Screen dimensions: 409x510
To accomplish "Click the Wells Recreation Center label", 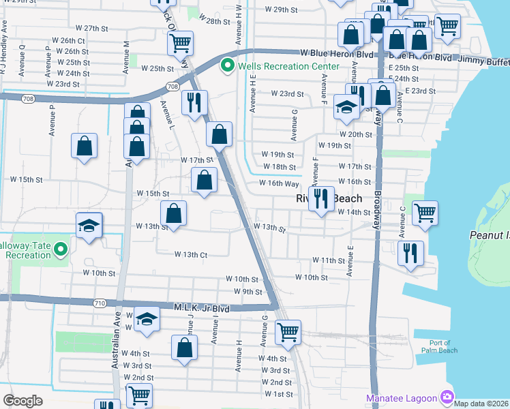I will coord(288,66).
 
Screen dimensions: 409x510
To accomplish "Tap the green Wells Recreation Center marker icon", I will coord(226,66).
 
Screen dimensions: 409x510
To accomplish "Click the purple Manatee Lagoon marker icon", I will coord(447,396).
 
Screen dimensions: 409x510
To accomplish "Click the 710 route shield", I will coord(99,302).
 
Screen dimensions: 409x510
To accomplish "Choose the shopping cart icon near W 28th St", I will coord(180,43).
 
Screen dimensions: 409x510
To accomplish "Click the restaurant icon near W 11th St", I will coord(410,252).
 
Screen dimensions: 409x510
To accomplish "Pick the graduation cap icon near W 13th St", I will coord(89,225).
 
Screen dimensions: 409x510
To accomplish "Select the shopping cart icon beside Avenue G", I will coord(288,332).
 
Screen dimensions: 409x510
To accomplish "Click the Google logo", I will coord(22,400).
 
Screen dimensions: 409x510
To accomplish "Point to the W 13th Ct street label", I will coord(191,255).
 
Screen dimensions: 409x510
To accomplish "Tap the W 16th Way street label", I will coord(279,183).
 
